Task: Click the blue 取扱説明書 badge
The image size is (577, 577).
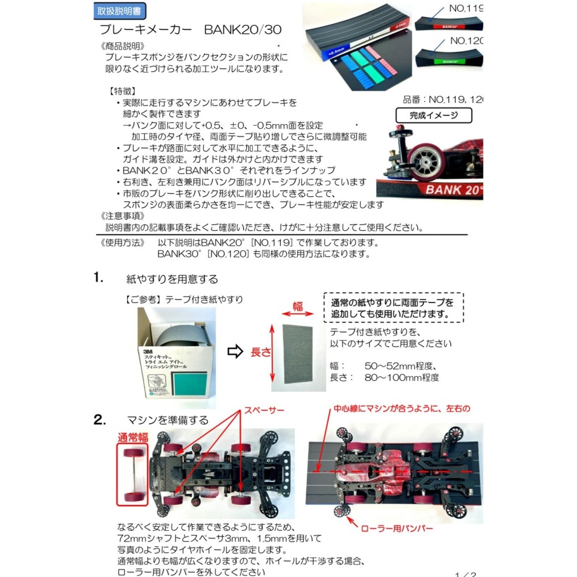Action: (119, 10)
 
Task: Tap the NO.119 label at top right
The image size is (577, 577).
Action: (464, 9)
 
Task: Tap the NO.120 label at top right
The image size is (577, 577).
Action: (465, 41)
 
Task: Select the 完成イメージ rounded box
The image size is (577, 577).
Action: (433, 115)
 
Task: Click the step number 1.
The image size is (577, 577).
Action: (98, 278)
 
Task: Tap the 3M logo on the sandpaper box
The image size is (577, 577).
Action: (148, 351)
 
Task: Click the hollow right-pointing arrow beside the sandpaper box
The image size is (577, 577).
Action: (235, 351)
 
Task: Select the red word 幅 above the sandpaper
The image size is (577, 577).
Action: (298, 307)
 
